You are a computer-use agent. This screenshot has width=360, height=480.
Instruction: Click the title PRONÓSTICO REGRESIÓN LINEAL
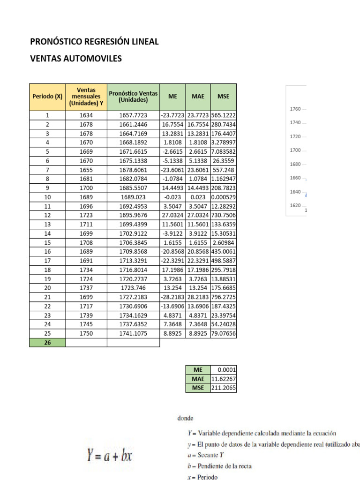pos(94,42)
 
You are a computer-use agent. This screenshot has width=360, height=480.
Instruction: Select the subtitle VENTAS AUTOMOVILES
pos(76,59)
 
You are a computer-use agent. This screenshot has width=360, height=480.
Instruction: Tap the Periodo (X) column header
pos(47,97)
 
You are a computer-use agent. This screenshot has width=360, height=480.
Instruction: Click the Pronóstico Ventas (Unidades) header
pos(133,97)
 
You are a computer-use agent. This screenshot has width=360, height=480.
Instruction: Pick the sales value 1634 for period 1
pos(86,115)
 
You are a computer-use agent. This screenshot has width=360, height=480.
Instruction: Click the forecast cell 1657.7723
pos(133,115)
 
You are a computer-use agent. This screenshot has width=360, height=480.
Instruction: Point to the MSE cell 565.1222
pos(224,115)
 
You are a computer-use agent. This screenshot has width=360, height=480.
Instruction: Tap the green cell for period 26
pos(47,343)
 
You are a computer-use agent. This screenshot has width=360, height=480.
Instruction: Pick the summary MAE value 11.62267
pos(224,379)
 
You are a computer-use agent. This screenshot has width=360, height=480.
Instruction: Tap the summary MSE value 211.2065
pos(224,388)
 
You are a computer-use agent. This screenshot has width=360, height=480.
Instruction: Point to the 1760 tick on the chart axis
pos(295,109)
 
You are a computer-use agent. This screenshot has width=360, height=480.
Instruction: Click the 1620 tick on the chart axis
pos(295,205)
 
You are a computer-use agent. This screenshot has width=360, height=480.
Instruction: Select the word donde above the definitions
pos(185,417)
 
